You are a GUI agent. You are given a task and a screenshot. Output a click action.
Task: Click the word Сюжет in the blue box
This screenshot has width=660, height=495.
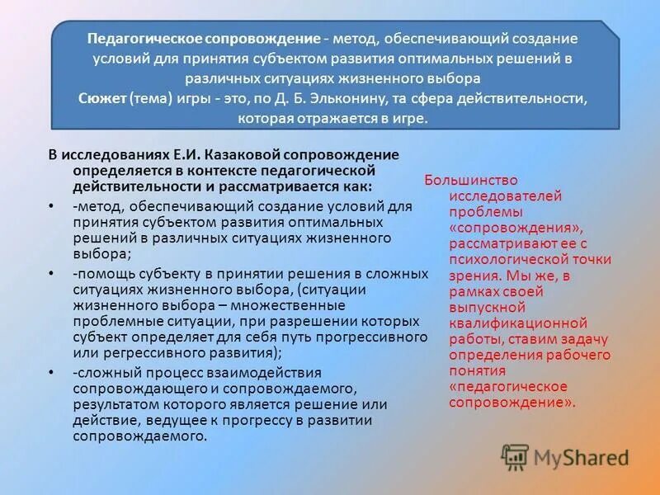point(101,98)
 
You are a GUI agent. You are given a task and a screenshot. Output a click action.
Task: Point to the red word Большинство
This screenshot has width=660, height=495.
point(470,180)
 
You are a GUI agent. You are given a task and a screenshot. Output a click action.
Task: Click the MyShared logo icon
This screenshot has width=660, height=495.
point(515,456)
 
